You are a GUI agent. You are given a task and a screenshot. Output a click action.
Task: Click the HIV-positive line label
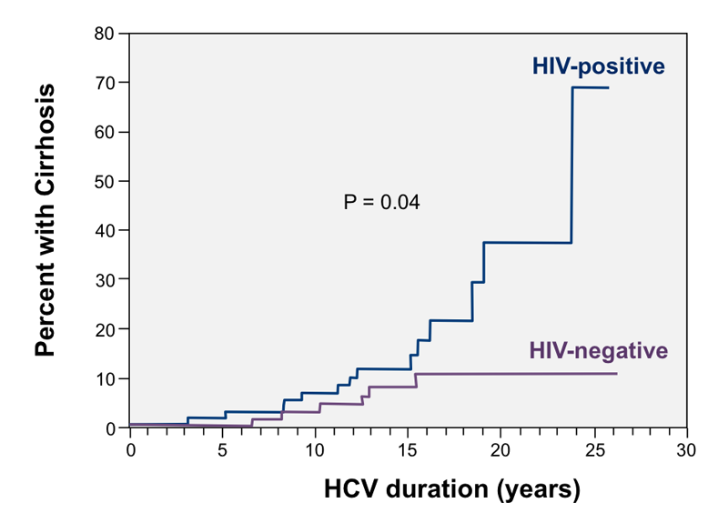(598, 66)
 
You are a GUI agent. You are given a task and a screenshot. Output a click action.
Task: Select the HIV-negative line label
(599, 351)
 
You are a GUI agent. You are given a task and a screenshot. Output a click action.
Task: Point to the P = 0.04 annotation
(381, 203)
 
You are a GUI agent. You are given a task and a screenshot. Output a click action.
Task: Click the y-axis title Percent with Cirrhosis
(45, 220)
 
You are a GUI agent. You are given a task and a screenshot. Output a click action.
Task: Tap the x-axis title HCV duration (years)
(452, 490)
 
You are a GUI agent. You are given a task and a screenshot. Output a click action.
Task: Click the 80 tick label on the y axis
(104, 34)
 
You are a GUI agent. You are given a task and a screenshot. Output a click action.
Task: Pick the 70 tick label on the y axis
(104, 83)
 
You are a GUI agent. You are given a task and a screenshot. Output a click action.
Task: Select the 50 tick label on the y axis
(104, 181)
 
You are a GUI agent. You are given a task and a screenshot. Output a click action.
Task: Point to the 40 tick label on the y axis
(104, 230)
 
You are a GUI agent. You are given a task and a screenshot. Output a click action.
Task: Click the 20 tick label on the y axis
(104, 329)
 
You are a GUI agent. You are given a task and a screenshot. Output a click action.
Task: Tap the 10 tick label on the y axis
(104, 378)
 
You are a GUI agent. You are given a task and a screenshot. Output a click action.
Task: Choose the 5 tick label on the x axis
(222, 450)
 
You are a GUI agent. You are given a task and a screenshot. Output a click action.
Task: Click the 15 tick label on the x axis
(407, 450)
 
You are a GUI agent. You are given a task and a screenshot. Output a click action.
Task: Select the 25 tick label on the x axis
(594, 450)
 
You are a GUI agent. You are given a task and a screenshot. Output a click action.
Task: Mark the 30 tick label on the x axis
(686, 450)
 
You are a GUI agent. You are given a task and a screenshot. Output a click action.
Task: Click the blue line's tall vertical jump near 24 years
(572, 165)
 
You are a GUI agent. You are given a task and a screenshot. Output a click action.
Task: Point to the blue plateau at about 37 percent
(528, 242)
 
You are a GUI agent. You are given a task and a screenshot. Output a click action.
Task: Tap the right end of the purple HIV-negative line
(617, 373)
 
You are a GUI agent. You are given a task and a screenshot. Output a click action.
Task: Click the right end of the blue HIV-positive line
(609, 87)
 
